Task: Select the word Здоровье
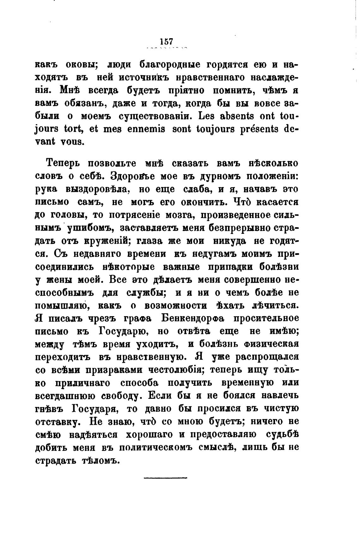pos(129,176)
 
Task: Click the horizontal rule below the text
pos(165,478)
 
